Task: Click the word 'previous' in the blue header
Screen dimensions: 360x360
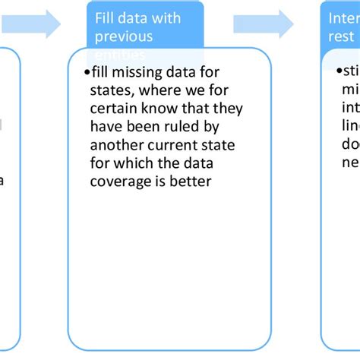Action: (124, 36)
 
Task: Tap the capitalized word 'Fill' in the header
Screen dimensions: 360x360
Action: (105, 18)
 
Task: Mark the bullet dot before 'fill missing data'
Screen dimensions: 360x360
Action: (87, 71)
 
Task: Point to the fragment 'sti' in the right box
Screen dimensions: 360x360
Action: (351, 71)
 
